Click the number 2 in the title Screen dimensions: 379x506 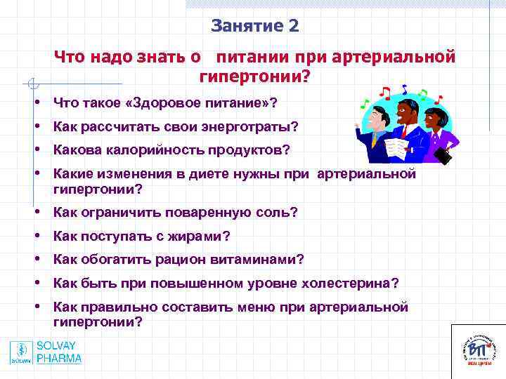(x=293, y=27)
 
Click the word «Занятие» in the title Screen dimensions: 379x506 (x=247, y=27)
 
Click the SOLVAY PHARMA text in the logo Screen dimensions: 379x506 (x=59, y=352)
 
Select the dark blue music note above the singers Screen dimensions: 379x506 (x=404, y=89)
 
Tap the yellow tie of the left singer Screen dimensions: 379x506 (x=378, y=141)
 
